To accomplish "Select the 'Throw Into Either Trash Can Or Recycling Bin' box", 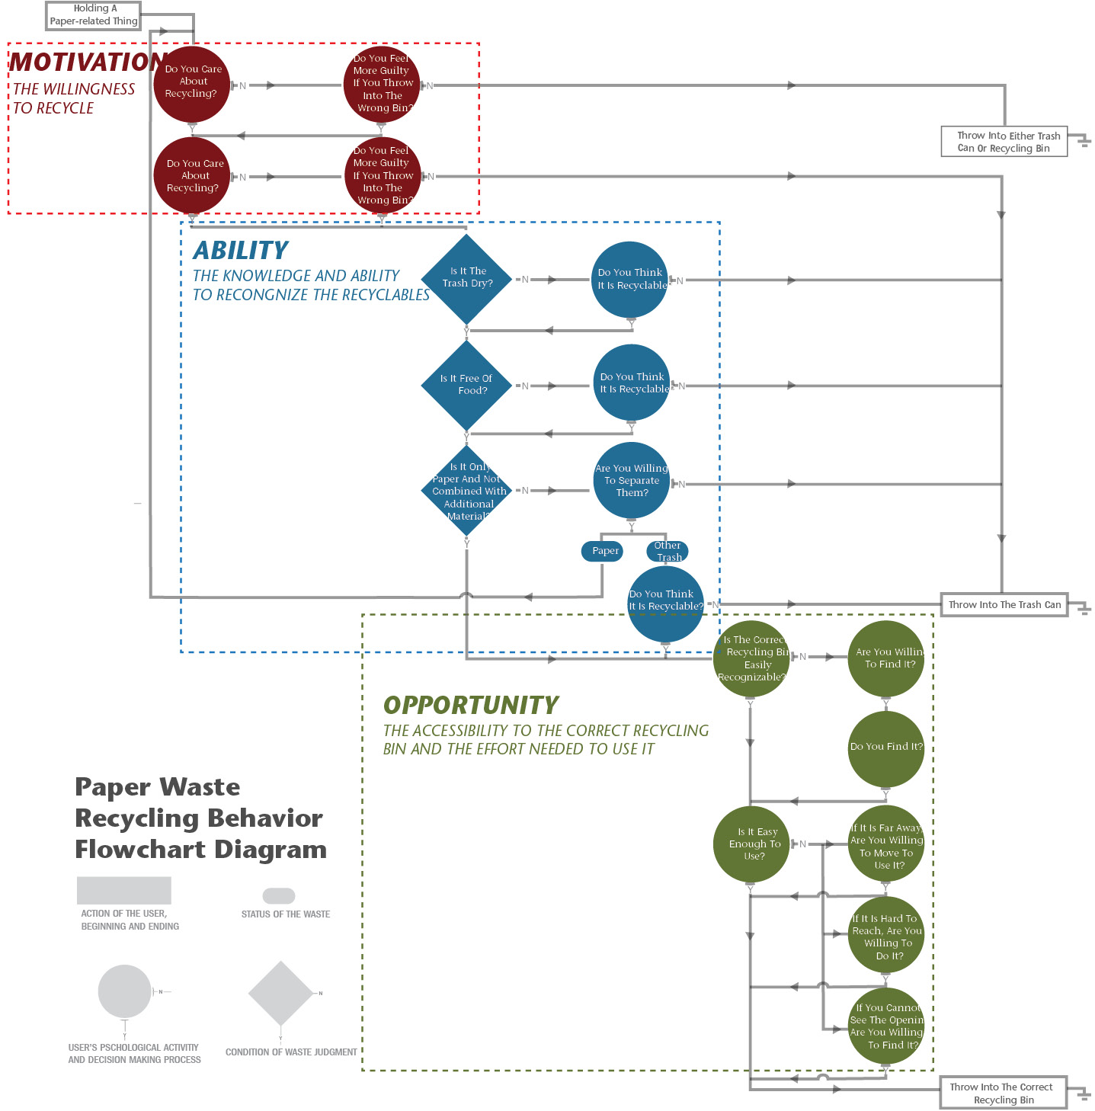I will click(1004, 142).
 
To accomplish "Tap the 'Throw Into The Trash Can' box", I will click(1004, 604).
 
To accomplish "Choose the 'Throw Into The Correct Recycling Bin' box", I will click(1002, 1093).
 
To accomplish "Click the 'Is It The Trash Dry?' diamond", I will click(467, 278).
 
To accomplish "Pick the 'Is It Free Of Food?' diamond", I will click(466, 385).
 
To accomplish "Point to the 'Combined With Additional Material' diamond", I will click(467, 491).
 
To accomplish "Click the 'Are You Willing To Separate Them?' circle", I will click(632, 480).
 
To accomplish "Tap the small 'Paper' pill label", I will click(605, 551).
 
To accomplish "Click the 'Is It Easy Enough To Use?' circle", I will click(752, 844).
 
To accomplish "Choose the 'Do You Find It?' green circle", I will click(885, 748).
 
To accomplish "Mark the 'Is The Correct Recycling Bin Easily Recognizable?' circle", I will click(751, 658).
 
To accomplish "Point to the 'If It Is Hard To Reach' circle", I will click(886, 935).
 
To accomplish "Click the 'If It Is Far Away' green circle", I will click(886, 844).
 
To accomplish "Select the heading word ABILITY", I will click(241, 251).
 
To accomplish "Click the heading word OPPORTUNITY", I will click(471, 705).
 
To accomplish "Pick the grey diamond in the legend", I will click(280, 993).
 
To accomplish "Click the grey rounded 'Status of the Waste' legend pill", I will click(279, 896).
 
